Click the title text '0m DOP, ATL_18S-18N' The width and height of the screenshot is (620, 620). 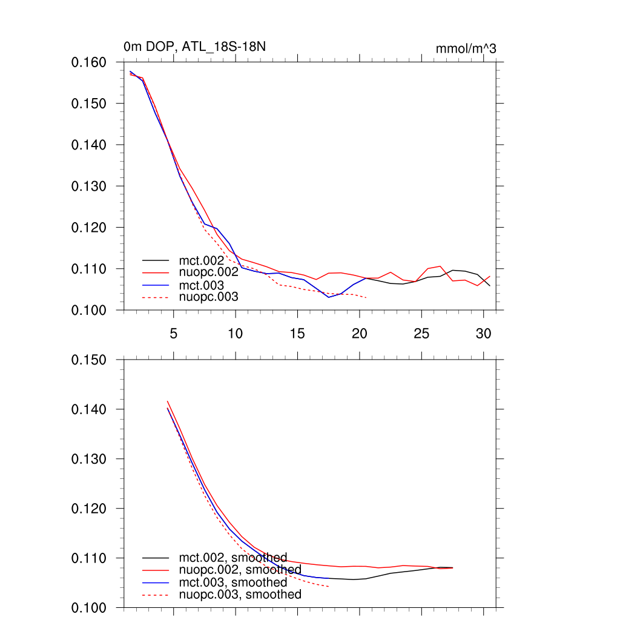point(177,47)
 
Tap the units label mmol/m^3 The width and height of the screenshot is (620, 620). point(466,49)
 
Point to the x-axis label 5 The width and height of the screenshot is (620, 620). point(174,334)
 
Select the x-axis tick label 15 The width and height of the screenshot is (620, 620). point(297,334)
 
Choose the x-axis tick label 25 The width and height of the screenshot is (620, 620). point(421,334)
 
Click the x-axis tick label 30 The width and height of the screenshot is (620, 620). point(483,334)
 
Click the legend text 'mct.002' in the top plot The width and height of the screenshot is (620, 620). point(205,260)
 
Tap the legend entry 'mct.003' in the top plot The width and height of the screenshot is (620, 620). point(205,285)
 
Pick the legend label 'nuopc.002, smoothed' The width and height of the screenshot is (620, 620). point(240,570)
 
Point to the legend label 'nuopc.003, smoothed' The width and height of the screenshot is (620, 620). point(240,595)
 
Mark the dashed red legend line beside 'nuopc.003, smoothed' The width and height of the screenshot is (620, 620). point(157,595)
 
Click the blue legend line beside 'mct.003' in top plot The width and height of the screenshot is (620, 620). point(157,285)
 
